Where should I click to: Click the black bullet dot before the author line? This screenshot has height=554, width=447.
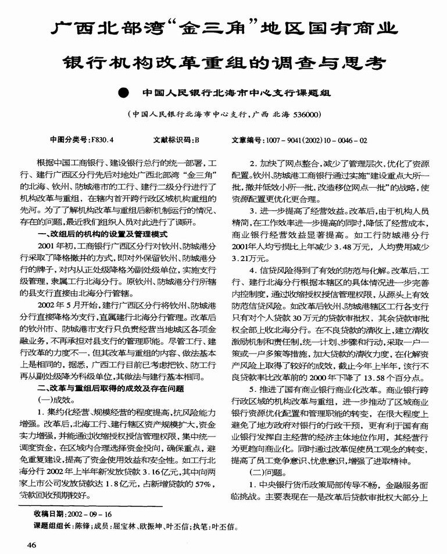(x=123, y=92)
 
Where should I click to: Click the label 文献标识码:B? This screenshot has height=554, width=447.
(x=176, y=140)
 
